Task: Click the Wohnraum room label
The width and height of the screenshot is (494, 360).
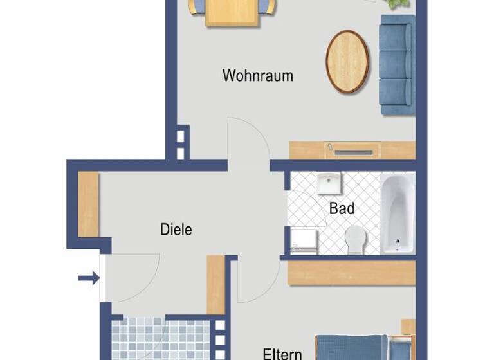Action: (x=257, y=75)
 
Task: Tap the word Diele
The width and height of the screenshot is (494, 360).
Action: (x=176, y=230)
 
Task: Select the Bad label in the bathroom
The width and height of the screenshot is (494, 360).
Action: (x=342, y=208)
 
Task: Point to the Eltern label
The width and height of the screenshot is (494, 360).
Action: (x=282, y=353)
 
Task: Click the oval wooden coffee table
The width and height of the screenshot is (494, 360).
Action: (x=347, y=62)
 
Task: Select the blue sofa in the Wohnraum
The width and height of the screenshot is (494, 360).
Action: (x=396, y=64)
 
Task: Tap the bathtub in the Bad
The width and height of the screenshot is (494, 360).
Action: (x=397, y=213)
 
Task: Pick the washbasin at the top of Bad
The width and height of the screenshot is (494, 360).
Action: (x=329, y=184)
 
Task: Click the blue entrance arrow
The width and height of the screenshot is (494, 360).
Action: (x=89, y=278)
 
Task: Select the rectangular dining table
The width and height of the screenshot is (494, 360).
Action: (x=232, y=12)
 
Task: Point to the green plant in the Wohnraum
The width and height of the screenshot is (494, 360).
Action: (x=398, y=4)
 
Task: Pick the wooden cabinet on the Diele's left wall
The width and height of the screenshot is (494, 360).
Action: (x=88, y=204)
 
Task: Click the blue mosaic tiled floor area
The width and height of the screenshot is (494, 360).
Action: (x=161, y=339)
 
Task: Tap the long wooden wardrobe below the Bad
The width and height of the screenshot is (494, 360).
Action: (x=351, y=272)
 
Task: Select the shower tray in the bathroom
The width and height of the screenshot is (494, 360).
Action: (x=304, y=240)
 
